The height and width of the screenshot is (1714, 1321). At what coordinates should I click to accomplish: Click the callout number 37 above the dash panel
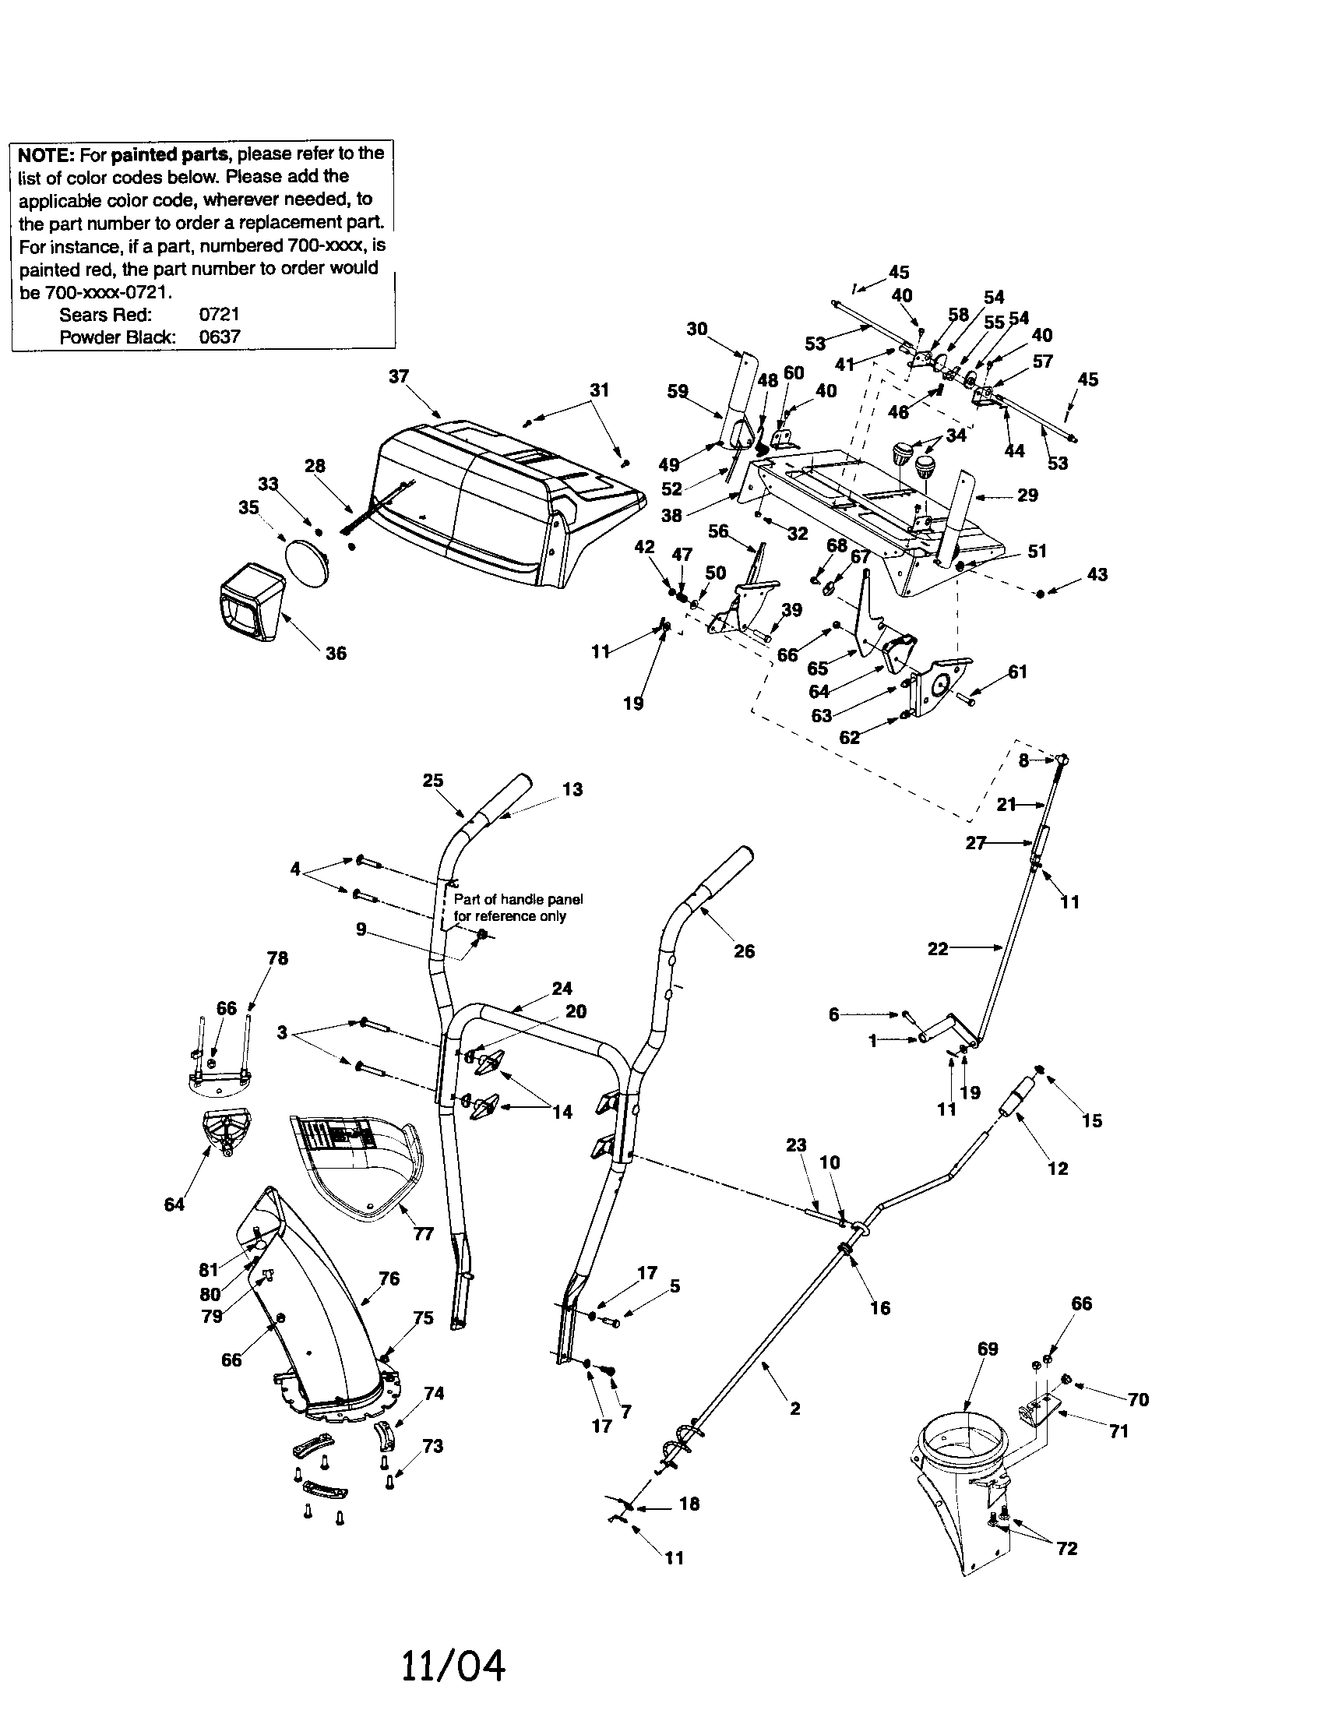(399, 376)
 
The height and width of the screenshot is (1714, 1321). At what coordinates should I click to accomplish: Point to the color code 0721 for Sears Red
(219, 315)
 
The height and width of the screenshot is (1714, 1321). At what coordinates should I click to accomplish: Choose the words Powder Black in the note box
(117, 337)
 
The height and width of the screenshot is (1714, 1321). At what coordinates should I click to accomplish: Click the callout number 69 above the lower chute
(987, 1349)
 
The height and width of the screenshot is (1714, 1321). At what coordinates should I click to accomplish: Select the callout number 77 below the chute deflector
(423, 1234)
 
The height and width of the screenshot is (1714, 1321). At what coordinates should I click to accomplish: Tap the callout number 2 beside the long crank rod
(794, 1408)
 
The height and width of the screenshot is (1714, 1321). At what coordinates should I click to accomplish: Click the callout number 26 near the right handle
(744, 951)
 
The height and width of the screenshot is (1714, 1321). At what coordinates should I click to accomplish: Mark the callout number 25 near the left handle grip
(432, 780)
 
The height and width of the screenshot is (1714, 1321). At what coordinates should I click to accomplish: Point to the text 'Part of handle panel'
(518, 899)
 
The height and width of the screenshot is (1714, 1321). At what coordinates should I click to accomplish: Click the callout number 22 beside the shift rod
(938, 949)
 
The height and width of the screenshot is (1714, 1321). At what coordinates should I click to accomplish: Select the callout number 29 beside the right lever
(1027, 496)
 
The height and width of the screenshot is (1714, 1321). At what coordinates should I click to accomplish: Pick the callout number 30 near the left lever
(696, 329)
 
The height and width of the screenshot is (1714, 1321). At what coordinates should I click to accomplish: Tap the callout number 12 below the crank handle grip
(1058, 1168)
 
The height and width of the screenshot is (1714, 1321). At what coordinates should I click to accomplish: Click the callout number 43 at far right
(1097, 574)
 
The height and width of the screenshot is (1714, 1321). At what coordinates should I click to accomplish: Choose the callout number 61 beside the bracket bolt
(1016, 672)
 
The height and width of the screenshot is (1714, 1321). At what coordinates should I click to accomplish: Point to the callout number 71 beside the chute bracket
(1118, 1430)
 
